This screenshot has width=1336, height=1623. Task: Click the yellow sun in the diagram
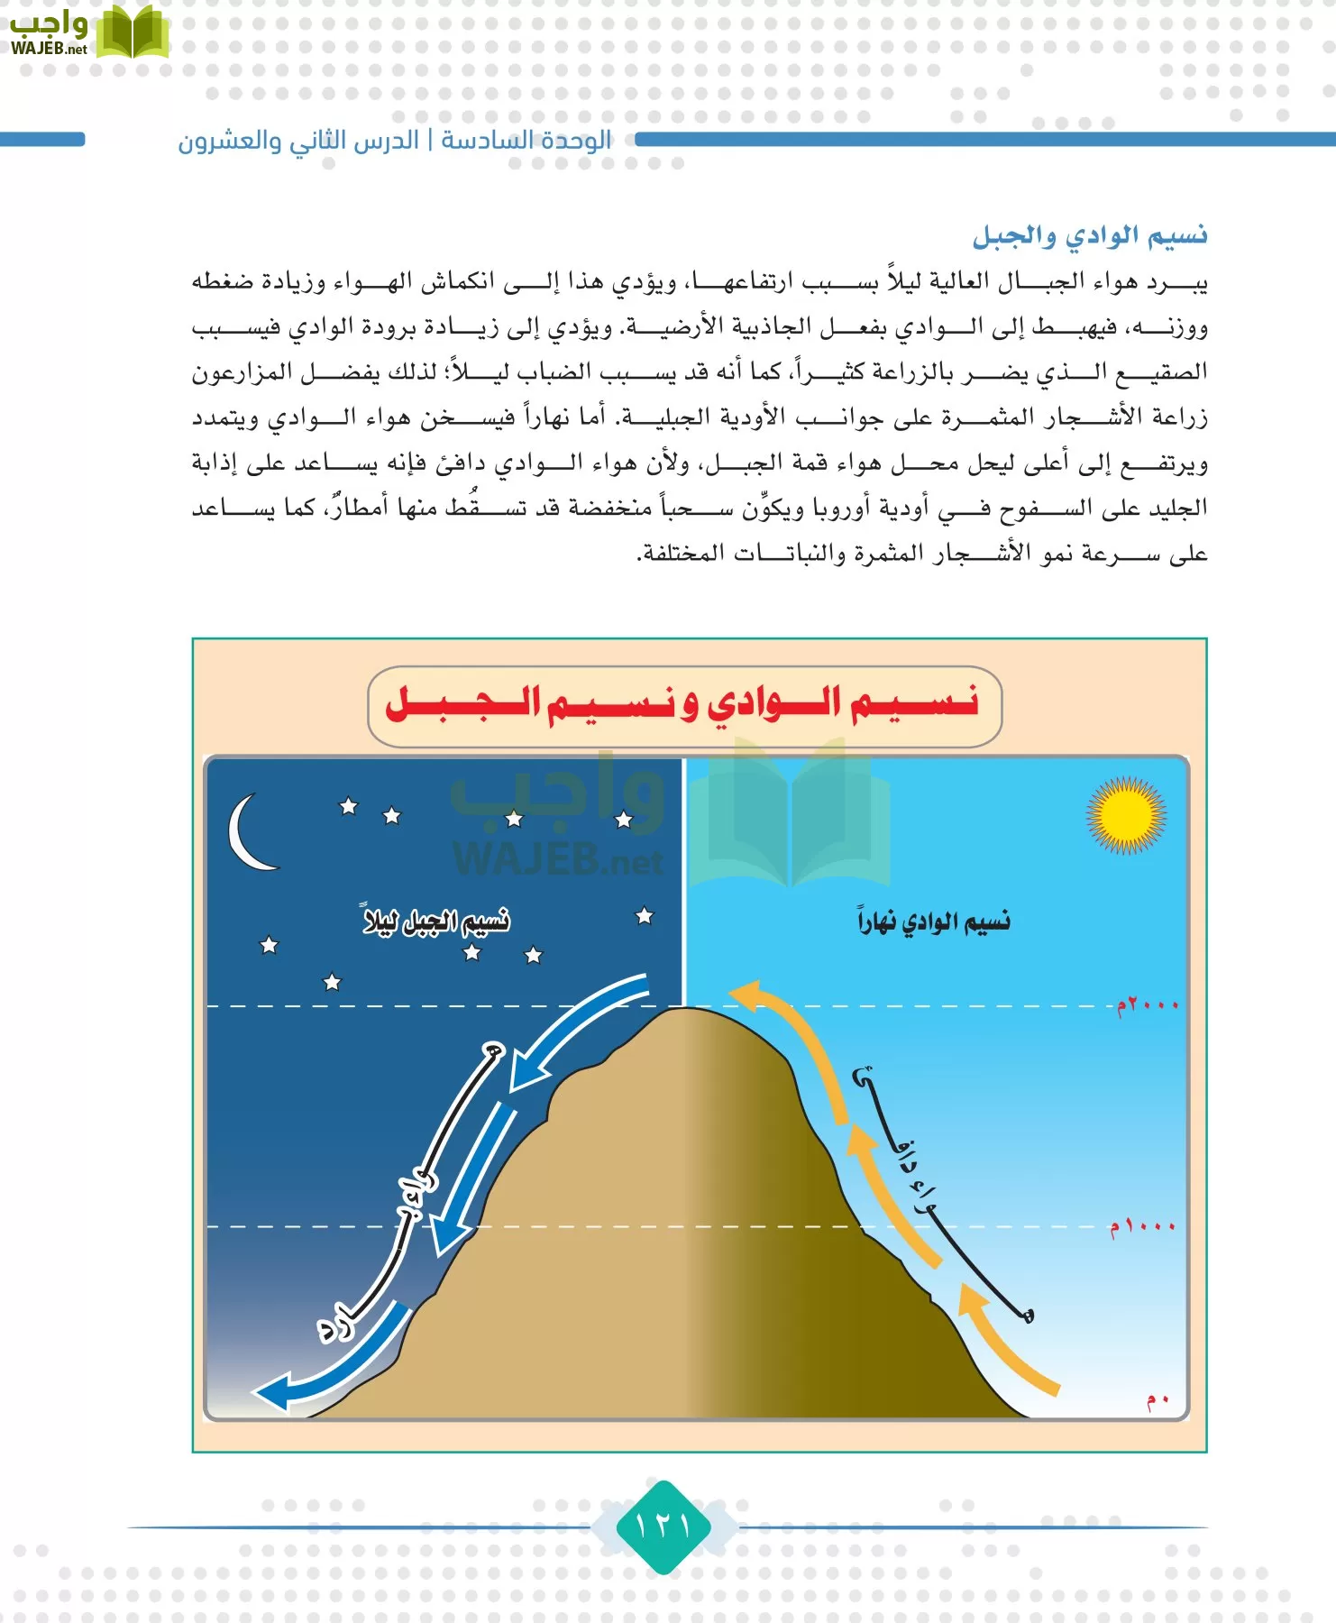(x=1125, y=815)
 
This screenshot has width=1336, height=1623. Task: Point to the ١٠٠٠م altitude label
(x=1142, y=1227)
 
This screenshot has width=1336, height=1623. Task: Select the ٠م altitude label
(x=1158, y=1400)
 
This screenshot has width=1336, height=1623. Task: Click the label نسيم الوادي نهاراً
(x=934, y=922)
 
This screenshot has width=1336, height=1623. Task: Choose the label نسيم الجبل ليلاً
(x=436, y=921)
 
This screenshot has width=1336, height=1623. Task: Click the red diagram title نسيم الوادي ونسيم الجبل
(x=683, y=704)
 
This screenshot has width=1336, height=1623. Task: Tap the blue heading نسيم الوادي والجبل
(x=1089, y=236)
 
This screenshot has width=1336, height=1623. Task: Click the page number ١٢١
(x=663, y=1527)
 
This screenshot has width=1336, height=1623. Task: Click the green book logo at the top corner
(x=132, y=33)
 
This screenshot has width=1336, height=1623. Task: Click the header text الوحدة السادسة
(x=526, y=141)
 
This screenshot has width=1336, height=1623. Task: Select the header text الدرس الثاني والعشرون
(x=298, y=141)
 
